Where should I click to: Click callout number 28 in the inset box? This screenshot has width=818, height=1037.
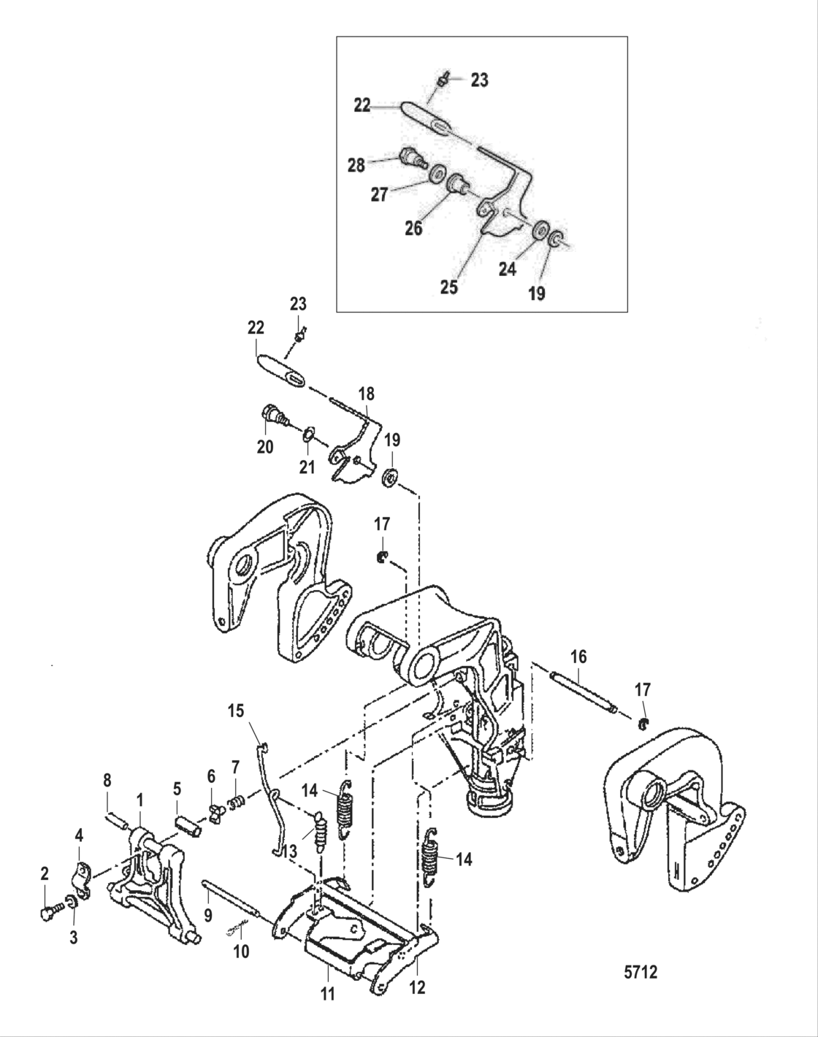[x=356, y=165]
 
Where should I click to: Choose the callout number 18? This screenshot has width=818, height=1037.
[x=365, y=394]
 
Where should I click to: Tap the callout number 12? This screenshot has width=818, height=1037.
[x=417, y=988]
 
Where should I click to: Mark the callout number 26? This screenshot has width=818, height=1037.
[x=413, y=228]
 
